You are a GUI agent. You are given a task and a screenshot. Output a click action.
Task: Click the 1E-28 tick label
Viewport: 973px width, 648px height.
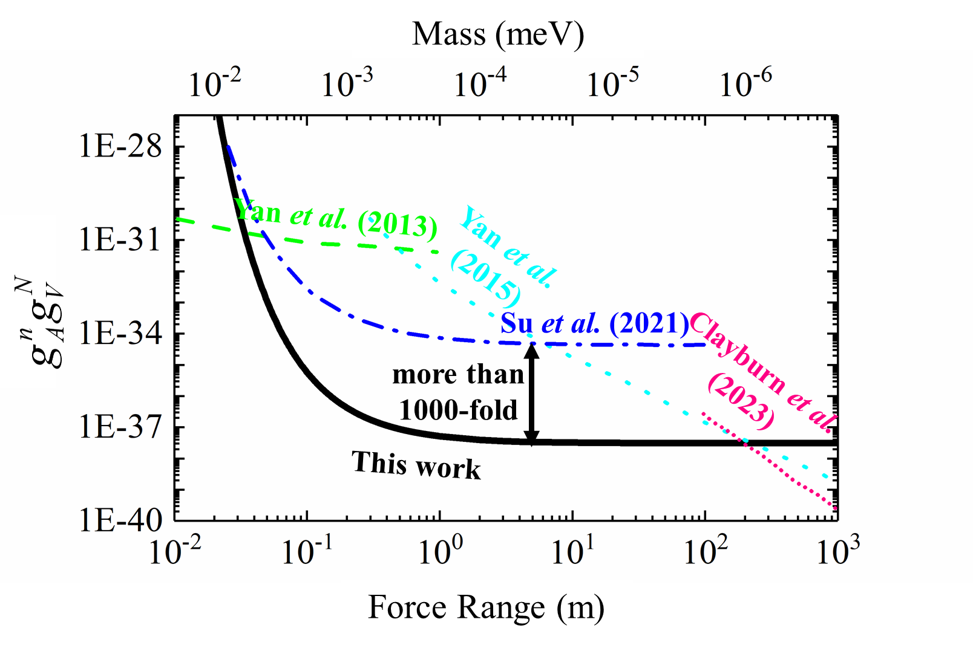click(x=120, y=146)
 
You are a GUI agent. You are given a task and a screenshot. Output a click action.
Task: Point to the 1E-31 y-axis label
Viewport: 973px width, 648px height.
click(x=120, y=240)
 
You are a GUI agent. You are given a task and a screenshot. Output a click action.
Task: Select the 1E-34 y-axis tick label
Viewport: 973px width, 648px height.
click(x=120, y=333)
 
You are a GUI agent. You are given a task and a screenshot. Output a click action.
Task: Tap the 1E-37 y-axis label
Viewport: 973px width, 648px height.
click(x=120, y=427)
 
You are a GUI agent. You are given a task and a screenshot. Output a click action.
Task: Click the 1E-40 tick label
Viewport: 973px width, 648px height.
click(x=120, y=520)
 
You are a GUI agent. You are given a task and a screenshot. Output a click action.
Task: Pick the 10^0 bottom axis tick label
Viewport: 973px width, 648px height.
click(x=441, y=549)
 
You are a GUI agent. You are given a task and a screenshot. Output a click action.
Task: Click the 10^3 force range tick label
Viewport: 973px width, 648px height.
click(x=838, y=549)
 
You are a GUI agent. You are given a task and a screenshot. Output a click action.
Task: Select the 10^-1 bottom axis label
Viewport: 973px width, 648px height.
click(x=307, y=549)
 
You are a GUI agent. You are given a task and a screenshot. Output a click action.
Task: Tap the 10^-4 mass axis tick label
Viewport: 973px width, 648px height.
click(x=480, y=82)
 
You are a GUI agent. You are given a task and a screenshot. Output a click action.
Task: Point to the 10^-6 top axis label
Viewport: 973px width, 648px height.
click(x=745, y=82)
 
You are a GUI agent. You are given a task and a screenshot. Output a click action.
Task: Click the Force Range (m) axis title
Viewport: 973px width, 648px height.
click(x=486, y=607)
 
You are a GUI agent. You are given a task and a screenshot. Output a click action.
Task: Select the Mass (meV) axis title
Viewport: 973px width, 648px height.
click(x=498, y=34)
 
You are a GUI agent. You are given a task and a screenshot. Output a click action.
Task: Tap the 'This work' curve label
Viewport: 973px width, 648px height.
click(x=416, y=465)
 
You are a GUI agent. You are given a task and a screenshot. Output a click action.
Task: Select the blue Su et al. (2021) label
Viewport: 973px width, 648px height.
click(x=594, y=324)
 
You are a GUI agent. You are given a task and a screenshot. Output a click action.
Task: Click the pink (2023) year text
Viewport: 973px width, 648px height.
click(x=741, y=401)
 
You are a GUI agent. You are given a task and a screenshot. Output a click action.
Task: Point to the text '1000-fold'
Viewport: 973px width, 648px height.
click(x=458, y=410)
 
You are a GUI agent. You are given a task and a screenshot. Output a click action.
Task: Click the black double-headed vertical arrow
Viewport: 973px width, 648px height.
click(x=531, y=393)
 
